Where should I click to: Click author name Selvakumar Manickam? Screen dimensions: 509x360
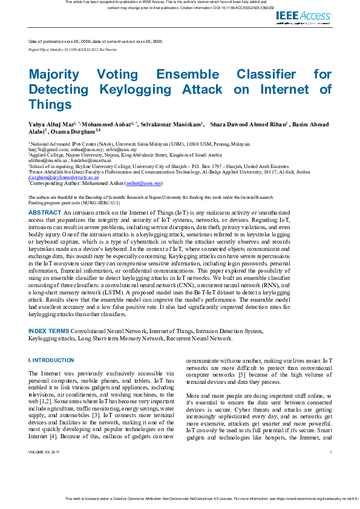171,125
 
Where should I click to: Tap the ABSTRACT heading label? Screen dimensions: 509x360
45,213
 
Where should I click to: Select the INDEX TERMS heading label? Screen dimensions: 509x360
48,331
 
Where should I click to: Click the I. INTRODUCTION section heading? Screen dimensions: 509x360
51,360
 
